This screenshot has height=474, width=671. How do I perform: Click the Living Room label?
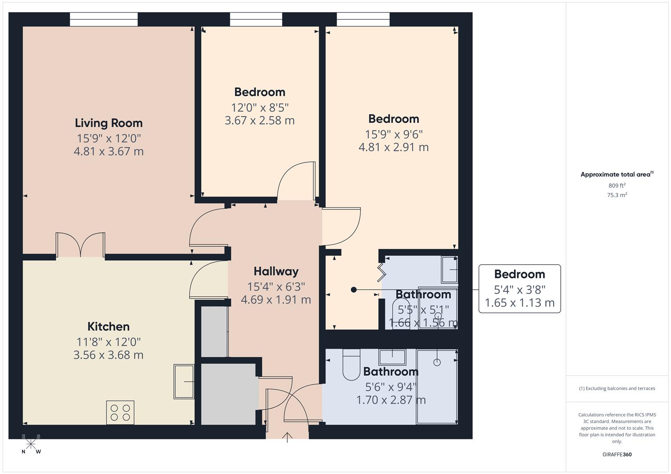tap(109, 123)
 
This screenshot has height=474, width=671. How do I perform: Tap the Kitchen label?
tap(109, 327)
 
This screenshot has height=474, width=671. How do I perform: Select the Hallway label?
tap(276, 271)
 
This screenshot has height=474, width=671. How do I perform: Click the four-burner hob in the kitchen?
tap(120, 413)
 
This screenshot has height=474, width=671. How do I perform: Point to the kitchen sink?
tap(184, 381)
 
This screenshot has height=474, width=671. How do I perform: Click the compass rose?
tap(31, 444)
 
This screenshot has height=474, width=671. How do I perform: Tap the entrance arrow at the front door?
tap(287, 437)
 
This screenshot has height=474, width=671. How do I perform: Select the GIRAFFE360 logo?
tap(617, 454)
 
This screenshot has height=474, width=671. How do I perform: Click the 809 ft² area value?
tap(617, 185)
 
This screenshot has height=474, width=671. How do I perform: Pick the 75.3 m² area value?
tap(617, 195)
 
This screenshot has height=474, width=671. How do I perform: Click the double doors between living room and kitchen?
tap(80, 244)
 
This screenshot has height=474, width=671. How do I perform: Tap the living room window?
tap(104, 19)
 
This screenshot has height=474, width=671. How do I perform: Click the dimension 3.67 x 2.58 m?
tap(259, 120)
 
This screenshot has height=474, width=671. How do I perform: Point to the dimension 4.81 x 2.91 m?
tap(393, 147)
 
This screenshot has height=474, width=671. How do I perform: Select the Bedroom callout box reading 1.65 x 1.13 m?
tap(519, 288)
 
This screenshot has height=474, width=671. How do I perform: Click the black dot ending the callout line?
tap(353, 290)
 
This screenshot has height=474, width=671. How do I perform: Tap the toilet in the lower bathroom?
tap(351, 364)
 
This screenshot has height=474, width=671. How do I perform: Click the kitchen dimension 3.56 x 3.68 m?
tap(109, 355)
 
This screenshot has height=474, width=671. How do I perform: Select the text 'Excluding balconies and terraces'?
tap(620, 388)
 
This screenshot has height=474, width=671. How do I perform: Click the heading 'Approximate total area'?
tap(615, 175)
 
